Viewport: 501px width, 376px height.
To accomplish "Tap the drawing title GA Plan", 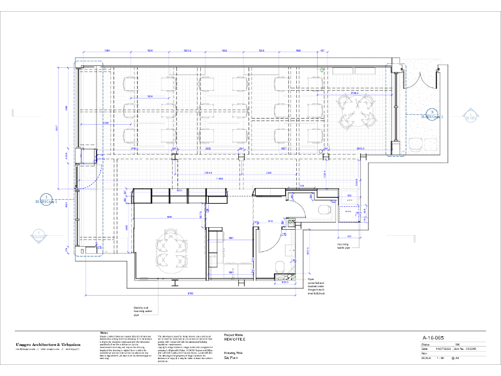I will click(x=231, y=358).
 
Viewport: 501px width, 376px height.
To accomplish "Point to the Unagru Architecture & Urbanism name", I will click(x=48, y=344).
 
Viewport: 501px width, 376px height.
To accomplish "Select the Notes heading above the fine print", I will click(x=104, y=332).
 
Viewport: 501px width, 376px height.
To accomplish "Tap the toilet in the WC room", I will click(x=278, y=264).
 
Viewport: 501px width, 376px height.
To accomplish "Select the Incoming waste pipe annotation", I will click(x=344, y=247).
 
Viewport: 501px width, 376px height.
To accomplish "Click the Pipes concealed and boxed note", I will click(x=316, y=285).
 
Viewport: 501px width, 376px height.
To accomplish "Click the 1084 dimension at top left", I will click(x=107, y=51).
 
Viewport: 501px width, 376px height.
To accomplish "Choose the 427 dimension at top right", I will click(x=321, y=51).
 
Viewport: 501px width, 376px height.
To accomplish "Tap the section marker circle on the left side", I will click(x=46, y=199).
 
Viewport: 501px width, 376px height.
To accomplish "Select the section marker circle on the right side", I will click(x=430, y=114).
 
